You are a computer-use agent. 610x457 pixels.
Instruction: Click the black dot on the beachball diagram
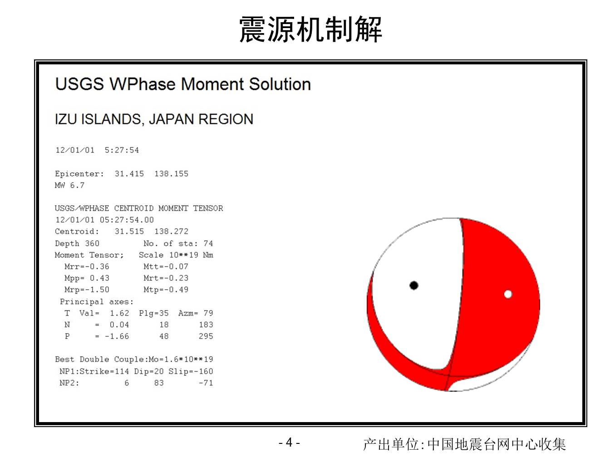point(414,285)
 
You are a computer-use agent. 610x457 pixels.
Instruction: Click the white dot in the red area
point(508,294)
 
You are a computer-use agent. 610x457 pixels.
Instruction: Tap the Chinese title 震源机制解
point(310,29)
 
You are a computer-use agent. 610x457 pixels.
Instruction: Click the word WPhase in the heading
point(143,84)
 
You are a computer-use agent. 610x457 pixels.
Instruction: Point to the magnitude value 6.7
point(77,185)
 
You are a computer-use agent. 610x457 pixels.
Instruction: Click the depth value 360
point(92,243)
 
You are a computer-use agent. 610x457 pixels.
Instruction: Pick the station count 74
point(208,243)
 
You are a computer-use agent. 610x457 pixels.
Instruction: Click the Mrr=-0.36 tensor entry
point(87,267)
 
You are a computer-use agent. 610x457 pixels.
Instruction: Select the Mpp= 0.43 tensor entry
point(87,278)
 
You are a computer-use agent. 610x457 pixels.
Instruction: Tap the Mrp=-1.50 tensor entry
point(87,290)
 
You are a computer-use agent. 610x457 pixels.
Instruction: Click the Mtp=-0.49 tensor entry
point(166,290)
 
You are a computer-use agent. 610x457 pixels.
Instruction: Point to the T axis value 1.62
point(119,313)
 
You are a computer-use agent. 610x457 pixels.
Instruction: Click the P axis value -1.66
point(117,336)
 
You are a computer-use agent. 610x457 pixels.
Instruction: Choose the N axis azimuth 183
point(206,325)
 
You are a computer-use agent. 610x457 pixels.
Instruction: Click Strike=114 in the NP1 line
point(104,371)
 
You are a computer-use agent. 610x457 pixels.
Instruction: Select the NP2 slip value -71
point(206,383)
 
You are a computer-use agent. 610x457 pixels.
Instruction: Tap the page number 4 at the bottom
point(289,442)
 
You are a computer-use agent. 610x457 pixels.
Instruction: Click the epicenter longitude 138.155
point(172,174)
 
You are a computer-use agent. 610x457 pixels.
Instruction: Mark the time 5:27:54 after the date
point(122,150)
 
